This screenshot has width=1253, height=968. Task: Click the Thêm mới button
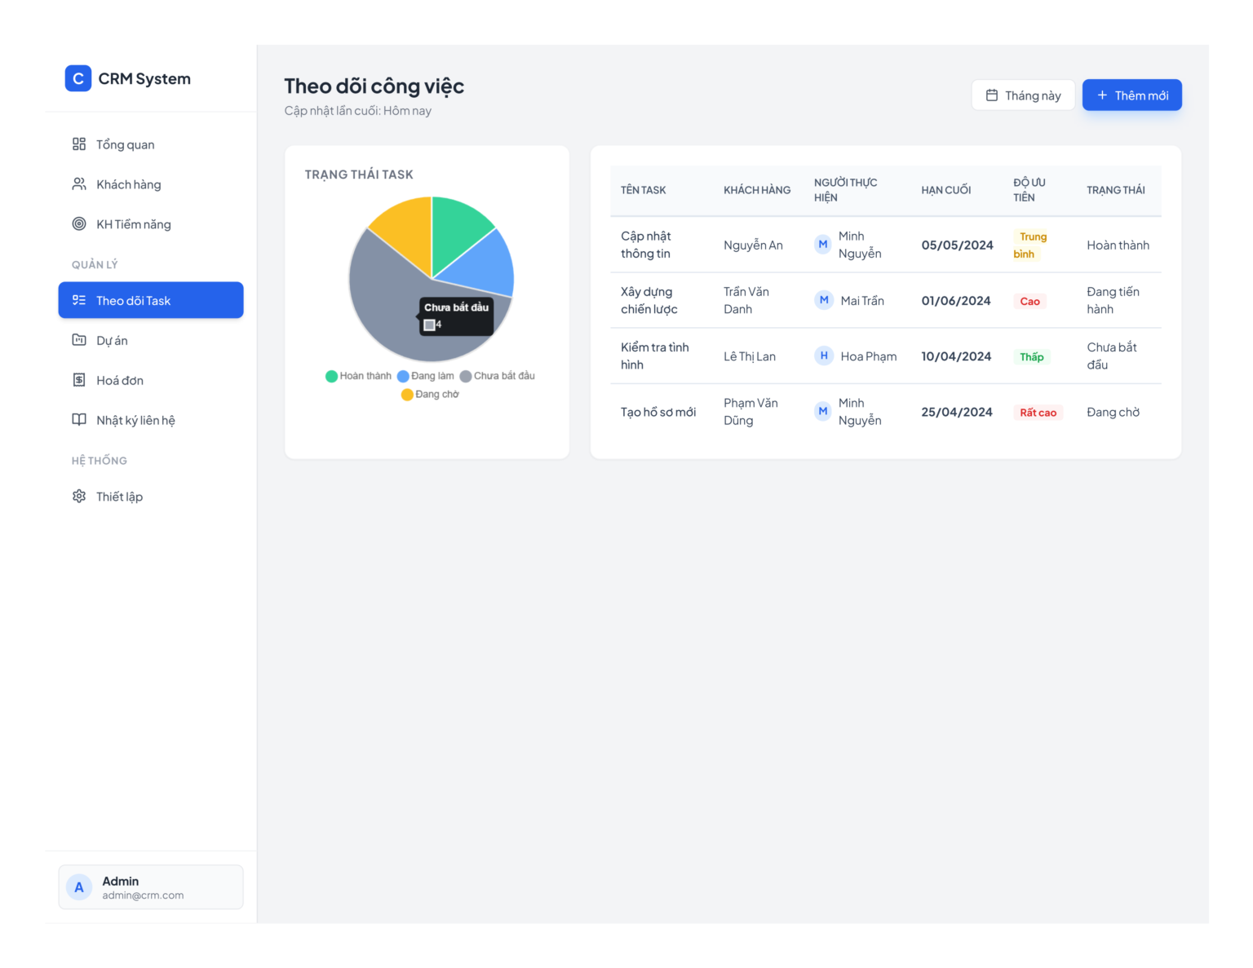click(1131, 95)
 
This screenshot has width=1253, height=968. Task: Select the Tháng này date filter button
click(1023, 95)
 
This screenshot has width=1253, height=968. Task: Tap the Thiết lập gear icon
click(79, 496)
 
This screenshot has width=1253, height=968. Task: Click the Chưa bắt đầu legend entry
click(497, 376)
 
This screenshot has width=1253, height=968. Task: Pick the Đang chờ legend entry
click(430, 394)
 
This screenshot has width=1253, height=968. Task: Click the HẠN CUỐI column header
click(945, 190)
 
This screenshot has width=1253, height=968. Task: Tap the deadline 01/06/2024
click(955, 301)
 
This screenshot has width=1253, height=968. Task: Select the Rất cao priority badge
click(1038, 413)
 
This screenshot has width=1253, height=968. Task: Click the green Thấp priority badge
click(1032, 356)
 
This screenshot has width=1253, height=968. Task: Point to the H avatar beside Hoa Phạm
click(823, 356)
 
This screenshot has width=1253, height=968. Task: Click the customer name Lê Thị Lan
click(749, 356)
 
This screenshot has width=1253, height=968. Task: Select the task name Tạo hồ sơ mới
click(658, 412)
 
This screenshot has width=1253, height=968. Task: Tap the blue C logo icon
click(77, 78)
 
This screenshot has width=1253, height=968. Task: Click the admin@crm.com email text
click(143, 895)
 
